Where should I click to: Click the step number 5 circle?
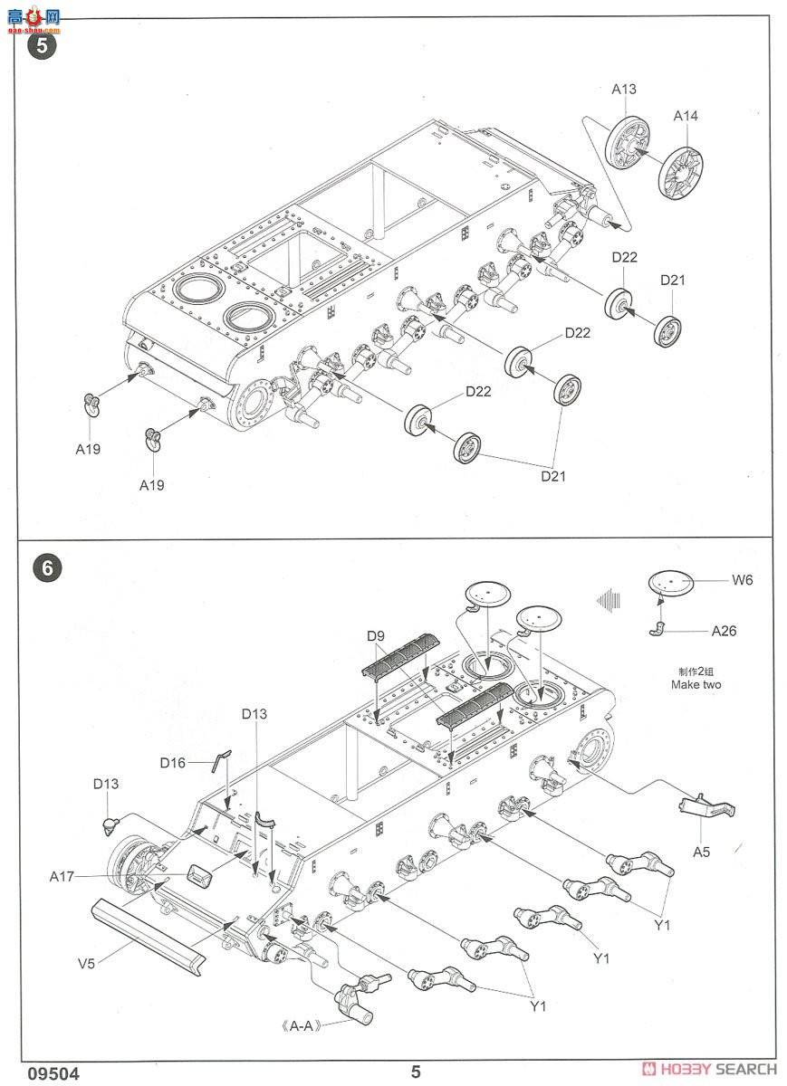click(42, 46)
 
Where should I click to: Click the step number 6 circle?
click(47, 567)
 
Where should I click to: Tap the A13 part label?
click(623, 90)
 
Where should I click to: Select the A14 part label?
click(686, 116)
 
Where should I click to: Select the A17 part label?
click(62, 877)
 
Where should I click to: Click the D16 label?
click(173, 763)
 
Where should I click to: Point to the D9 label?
click(376, 635)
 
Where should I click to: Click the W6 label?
click(743, 580)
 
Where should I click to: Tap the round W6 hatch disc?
click(671, 582)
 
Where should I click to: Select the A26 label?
click(724, 631)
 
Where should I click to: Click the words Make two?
click(696, 684)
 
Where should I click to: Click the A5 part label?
click(701, 852)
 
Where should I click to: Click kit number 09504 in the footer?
click(53, 1073)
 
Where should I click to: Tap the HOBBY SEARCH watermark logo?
click(709, 1069)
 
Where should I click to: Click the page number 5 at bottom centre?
click(416, 1072)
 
